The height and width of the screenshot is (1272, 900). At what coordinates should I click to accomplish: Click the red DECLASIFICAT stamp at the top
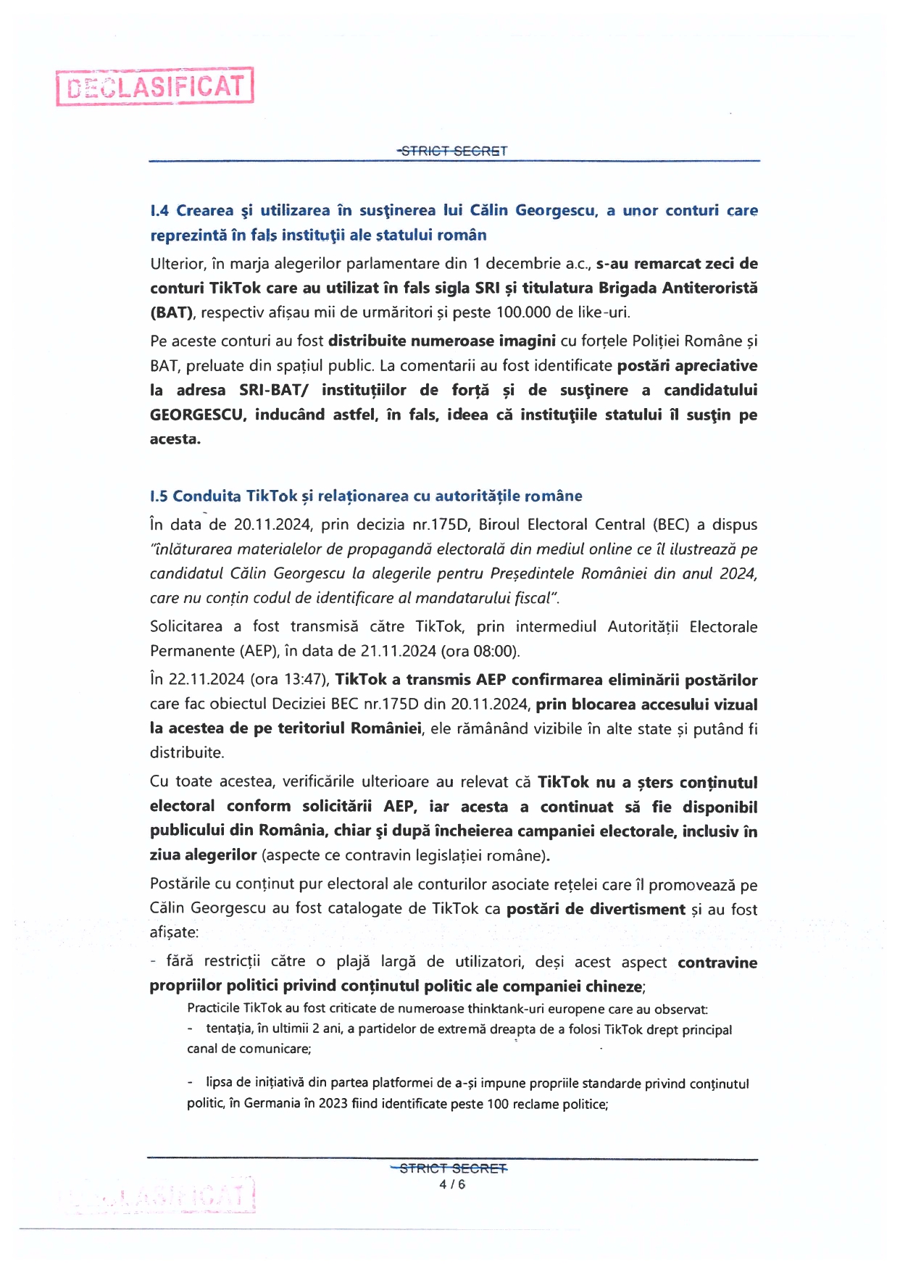tap(155, 87)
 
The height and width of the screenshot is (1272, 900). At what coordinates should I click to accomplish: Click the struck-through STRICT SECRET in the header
tap(453, 151)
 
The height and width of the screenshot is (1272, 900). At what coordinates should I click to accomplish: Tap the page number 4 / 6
tap(452, 1184)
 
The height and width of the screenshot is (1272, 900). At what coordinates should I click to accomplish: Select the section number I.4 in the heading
tap(160, 211)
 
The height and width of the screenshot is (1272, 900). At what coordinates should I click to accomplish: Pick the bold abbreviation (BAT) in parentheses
tap(172, 312)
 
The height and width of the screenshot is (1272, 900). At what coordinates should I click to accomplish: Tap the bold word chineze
tap(617, 986)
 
